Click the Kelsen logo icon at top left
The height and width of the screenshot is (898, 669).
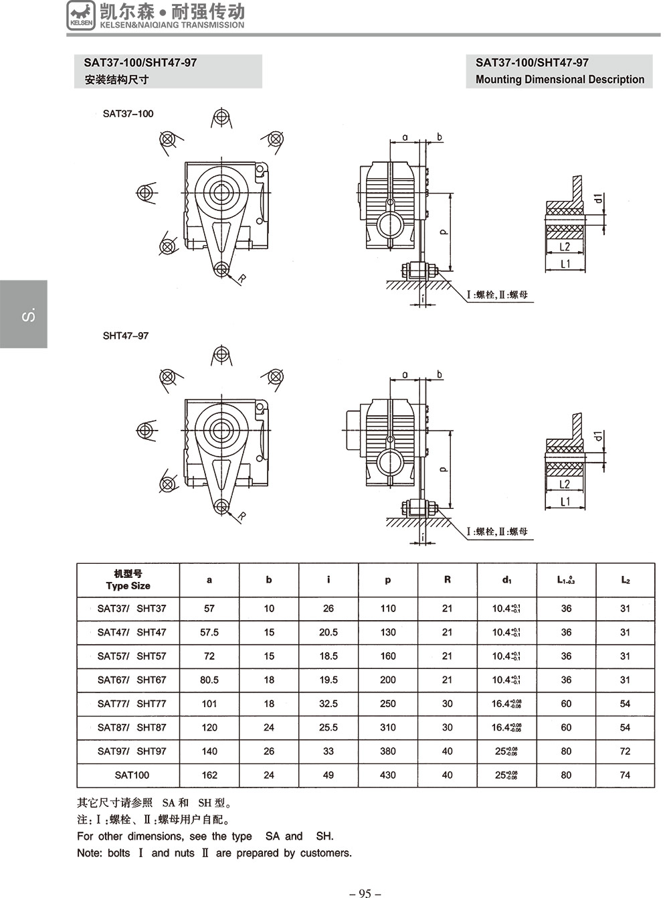click(x=81, y=15)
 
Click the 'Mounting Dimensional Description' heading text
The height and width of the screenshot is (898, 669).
click(x=559, y=79)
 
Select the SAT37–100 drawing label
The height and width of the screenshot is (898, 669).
click(x=128, y=113)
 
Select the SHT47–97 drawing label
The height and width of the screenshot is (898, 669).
click(x=125, y=335)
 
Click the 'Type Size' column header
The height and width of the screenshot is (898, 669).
click(x=128, y=585)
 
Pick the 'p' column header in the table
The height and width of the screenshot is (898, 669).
click(x=388, y=580)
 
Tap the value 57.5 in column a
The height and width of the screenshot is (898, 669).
click(x=209, y=632)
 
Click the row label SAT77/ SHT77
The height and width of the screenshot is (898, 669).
click(x=132, y=704)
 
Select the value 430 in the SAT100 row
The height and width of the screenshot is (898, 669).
click(x=388, y=775)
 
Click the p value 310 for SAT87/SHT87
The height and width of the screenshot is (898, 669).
click(x=388, y=727)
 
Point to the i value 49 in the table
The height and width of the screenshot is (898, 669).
click(x=328, y=775)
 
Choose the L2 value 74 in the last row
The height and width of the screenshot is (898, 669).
click(x=625, y=775)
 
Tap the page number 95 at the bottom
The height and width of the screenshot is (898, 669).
click(x=365, y=893)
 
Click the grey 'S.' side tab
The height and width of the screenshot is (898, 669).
click(x=24, y=314)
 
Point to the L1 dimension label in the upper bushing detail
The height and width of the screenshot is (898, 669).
click(x=565, y=263)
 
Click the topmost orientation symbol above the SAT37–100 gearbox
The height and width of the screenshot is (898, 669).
click(x=221, y=119)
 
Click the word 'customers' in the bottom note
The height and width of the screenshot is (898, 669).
click(x=324, y=852)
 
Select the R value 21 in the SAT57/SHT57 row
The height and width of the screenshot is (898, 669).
click(x=447, y=656)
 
